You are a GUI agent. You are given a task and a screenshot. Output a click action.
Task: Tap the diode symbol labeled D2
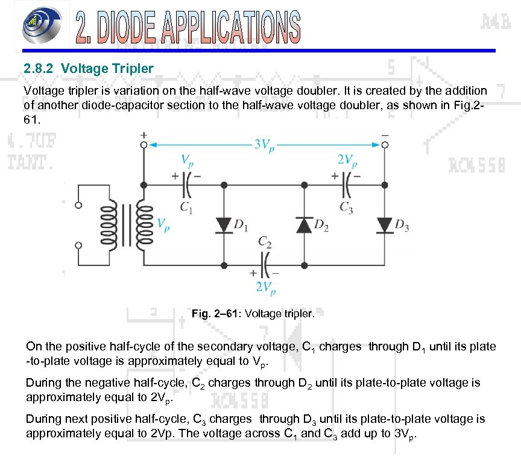pos(303,225)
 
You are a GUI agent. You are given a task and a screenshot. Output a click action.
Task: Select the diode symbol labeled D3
pos(384,225)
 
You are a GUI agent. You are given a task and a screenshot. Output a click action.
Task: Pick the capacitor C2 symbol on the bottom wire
pos(265,264)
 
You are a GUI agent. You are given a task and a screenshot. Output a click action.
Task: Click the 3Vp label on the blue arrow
pos(263,144)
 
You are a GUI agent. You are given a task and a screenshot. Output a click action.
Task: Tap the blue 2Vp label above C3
pos(347,160)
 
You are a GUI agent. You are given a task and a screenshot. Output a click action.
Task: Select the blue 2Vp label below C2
pos(266,287)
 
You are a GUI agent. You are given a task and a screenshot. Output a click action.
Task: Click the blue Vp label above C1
pos(188,160)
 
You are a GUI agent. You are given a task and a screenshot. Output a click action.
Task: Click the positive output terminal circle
pos(144,145)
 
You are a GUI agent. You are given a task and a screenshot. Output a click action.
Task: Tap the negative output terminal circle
pos(384,145)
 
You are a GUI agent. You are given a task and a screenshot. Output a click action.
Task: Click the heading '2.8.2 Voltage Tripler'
pos(88,69)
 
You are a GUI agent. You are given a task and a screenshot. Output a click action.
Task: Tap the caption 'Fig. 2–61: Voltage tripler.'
pos(253,314)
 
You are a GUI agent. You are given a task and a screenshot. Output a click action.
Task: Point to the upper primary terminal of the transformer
pos(78,205)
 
